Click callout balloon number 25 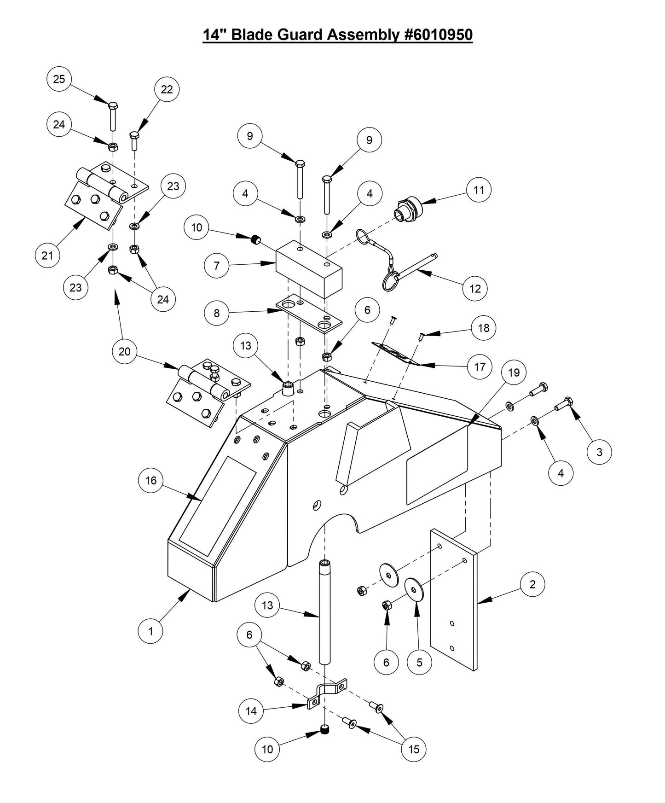pos(59,79)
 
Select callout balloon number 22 pos(167,89)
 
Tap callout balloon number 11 pos(479,190)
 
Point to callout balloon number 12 pos(475,289)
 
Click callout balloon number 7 pos(217,266)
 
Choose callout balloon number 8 pos(217,313)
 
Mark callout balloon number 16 pos(151,481)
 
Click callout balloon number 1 pos(151,631)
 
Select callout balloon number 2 pos(532,584)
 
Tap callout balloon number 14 pos(251,711)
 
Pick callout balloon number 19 pos(514,372)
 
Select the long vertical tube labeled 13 pos(324,612)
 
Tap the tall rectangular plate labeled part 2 pos(453,599)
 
